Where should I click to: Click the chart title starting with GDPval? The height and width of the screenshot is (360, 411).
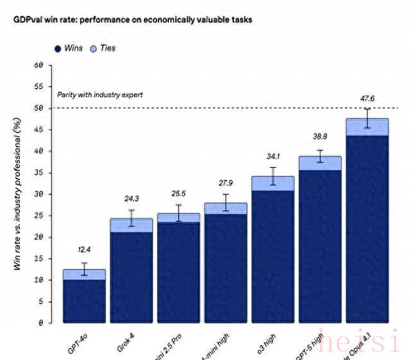132,20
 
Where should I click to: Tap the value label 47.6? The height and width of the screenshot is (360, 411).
367,98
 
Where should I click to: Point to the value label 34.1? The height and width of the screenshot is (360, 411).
273,156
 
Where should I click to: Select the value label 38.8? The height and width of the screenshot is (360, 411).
319,136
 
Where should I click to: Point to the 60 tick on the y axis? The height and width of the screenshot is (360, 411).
39,65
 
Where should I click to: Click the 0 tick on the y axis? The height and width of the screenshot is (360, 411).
40,323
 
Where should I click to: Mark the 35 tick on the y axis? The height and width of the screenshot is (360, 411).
39,172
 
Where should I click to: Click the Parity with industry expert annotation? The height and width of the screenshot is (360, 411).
100,94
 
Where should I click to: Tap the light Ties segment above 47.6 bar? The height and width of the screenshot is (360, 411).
367,127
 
